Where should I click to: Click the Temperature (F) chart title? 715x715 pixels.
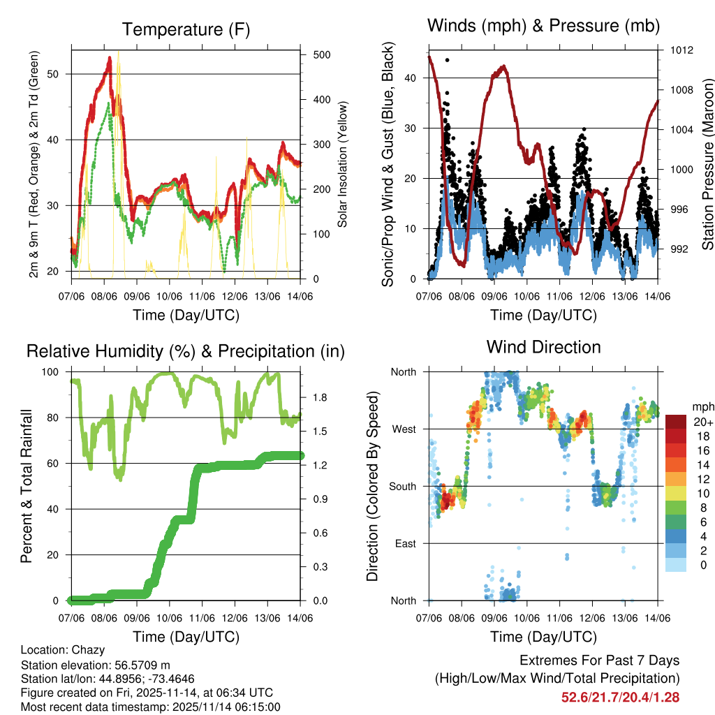(186, 29)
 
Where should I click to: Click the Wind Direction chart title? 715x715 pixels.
(543, 346)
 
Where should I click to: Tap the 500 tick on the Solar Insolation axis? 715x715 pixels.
(321, 54)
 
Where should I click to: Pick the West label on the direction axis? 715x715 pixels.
(403, 429)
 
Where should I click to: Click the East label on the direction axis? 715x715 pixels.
(404, 543)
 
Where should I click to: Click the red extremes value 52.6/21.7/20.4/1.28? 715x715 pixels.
(620, 697)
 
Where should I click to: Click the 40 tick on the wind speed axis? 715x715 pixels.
(412, 78)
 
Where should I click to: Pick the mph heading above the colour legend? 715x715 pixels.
(701, 406)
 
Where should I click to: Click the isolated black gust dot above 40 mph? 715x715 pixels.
(447, 60)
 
